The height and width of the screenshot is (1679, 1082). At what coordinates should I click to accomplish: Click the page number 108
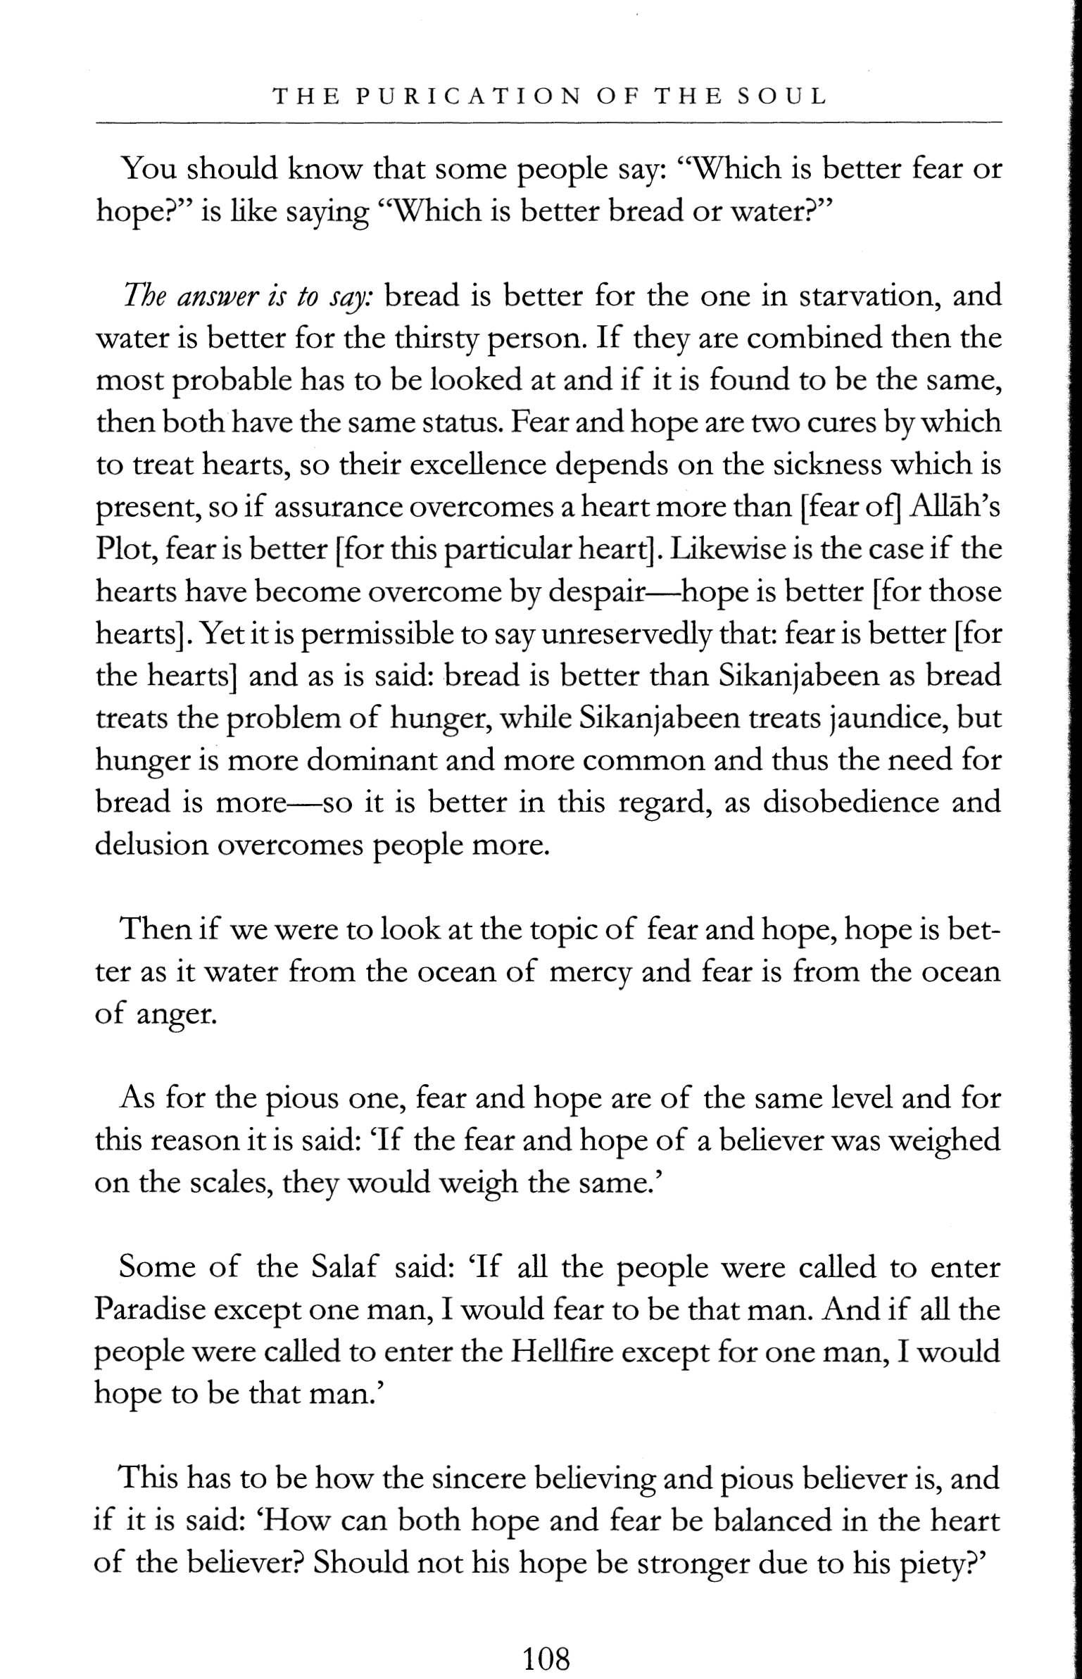click(546, 1639)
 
